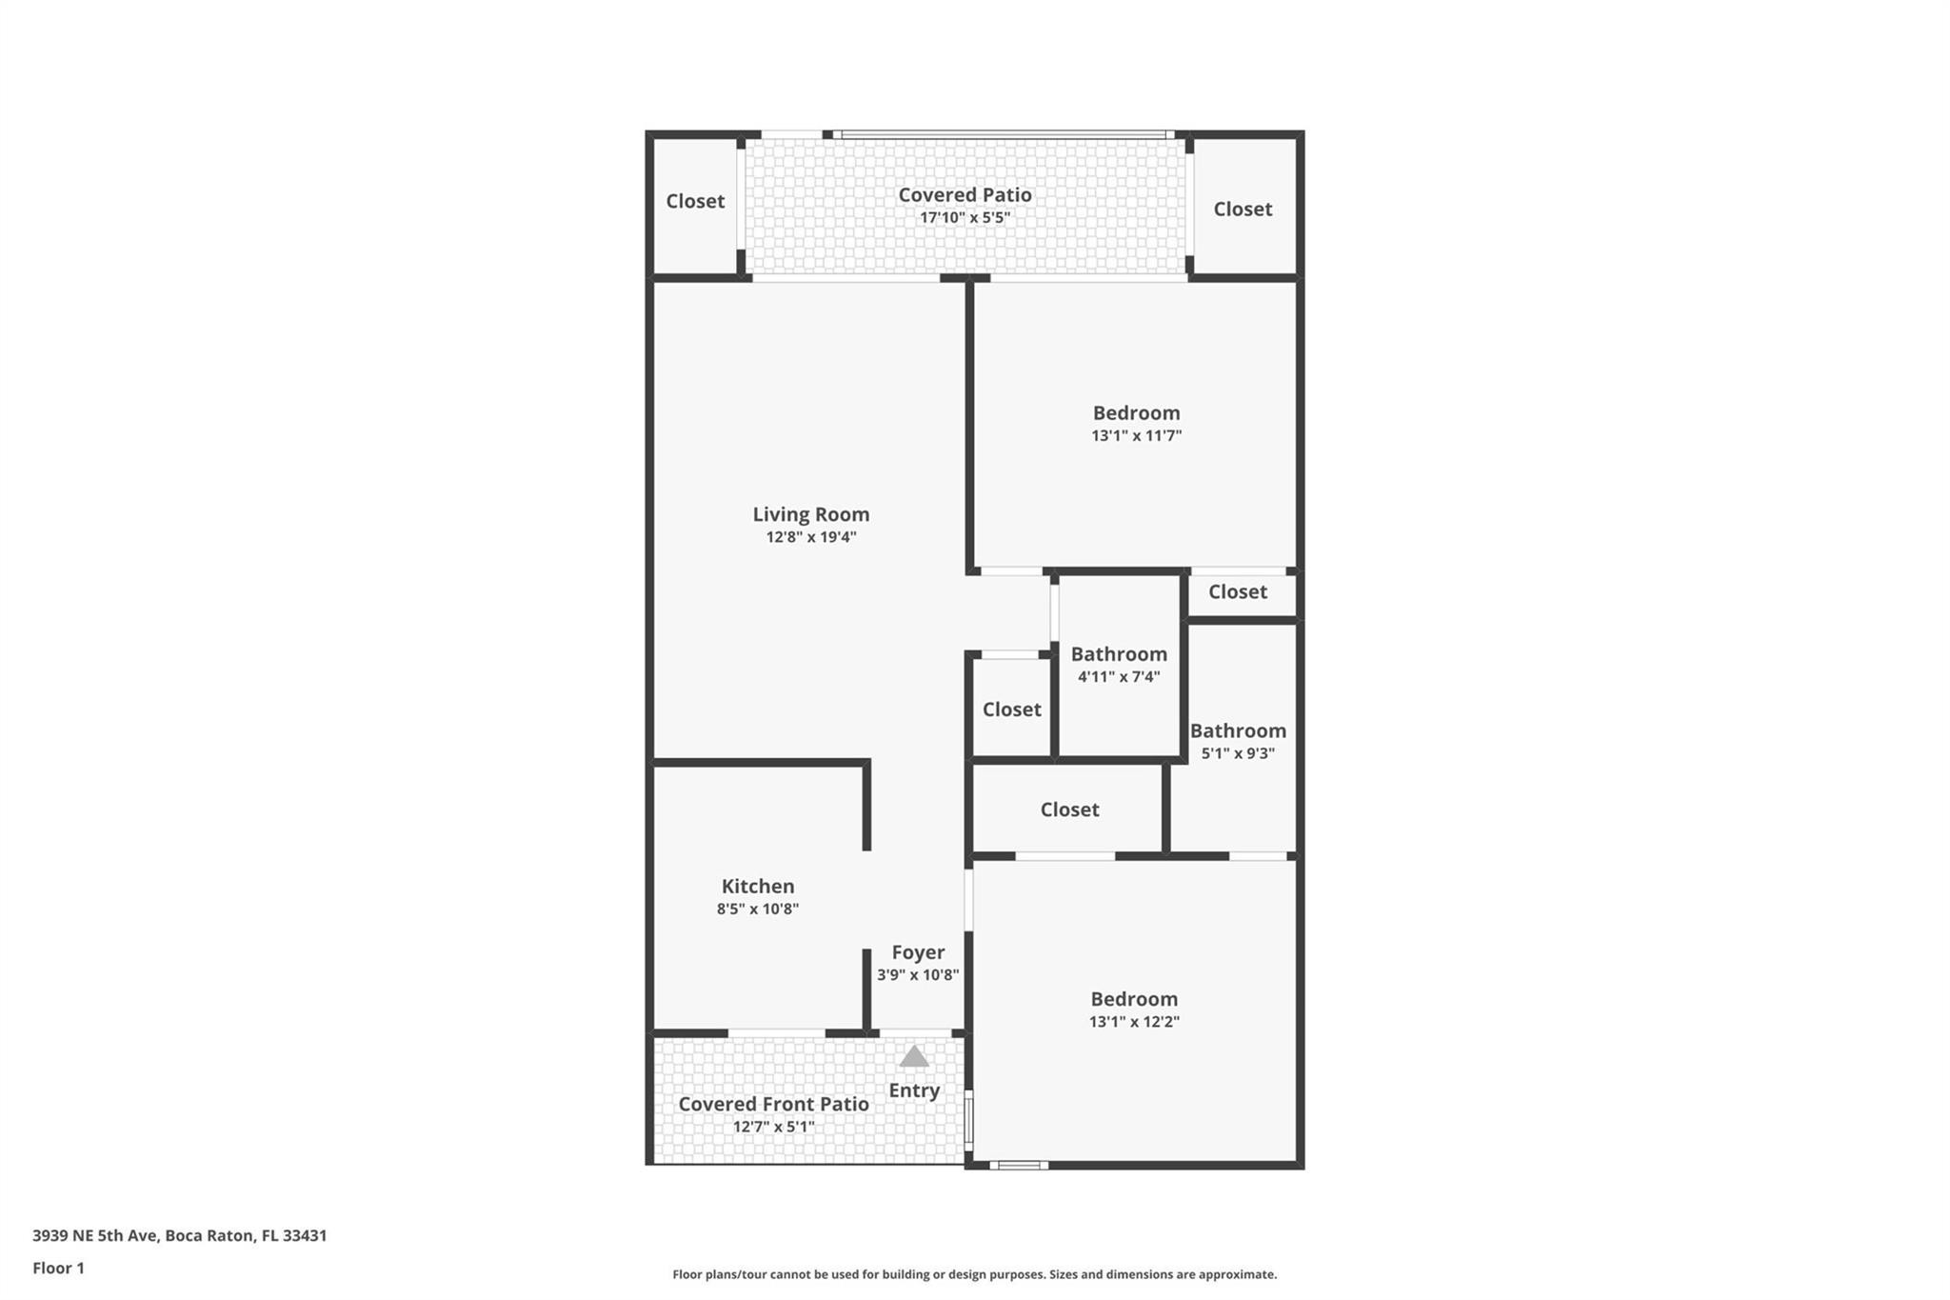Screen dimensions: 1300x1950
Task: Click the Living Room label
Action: pos(810,514)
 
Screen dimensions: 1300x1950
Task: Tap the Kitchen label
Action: pos(757,886)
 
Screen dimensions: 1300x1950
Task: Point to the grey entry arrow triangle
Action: pos(914,1056)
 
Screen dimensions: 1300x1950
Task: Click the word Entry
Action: pos(914,1090)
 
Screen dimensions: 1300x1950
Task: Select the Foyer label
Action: pos(918,952)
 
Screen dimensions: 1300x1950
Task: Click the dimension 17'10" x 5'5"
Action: pos(965,217)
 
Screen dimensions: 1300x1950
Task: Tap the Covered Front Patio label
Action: pos(773,1104)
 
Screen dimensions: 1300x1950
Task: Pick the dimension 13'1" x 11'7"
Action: pos(1136,436)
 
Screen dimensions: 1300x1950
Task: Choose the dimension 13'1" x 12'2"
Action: pos(1134,1022)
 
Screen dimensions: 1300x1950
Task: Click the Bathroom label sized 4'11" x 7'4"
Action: pos(1119,654)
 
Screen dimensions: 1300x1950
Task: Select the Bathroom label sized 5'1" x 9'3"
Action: pos(1238,730)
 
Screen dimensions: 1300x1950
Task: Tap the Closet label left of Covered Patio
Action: pos(695,201)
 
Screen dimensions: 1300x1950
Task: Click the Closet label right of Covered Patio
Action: pos(1243,209)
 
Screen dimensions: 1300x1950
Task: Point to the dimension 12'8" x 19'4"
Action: pos(811,537)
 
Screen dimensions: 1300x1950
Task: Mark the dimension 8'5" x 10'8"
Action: pos(757,909)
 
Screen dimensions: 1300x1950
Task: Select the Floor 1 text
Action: pos(58,1269)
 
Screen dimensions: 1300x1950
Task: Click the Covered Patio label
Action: pos(965,194)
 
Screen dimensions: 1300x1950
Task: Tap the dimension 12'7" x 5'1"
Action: pos(773,1127)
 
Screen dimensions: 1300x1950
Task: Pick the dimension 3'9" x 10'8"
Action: pos(918,975)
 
